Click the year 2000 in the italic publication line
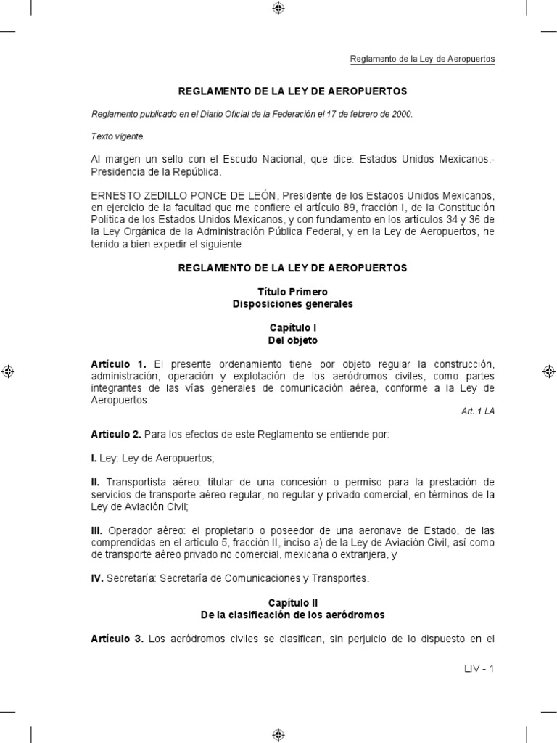tap(401, 114)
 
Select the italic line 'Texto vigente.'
tap(117, 135)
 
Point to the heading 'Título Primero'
tap(292, 291)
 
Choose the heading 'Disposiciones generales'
tap(292, 303)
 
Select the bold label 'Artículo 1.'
tap(119, 363)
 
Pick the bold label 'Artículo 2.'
tap(116, 435)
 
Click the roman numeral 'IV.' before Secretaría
tap(98, 578)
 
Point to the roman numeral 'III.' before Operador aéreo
tap(98, 530)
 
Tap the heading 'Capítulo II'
tap(292, 602)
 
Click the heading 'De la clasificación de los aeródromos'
tap(292, 615)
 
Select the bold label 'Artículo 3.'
tap(119, 639)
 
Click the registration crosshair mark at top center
tap(278, 9)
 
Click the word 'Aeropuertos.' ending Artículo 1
tap(120, 400)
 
